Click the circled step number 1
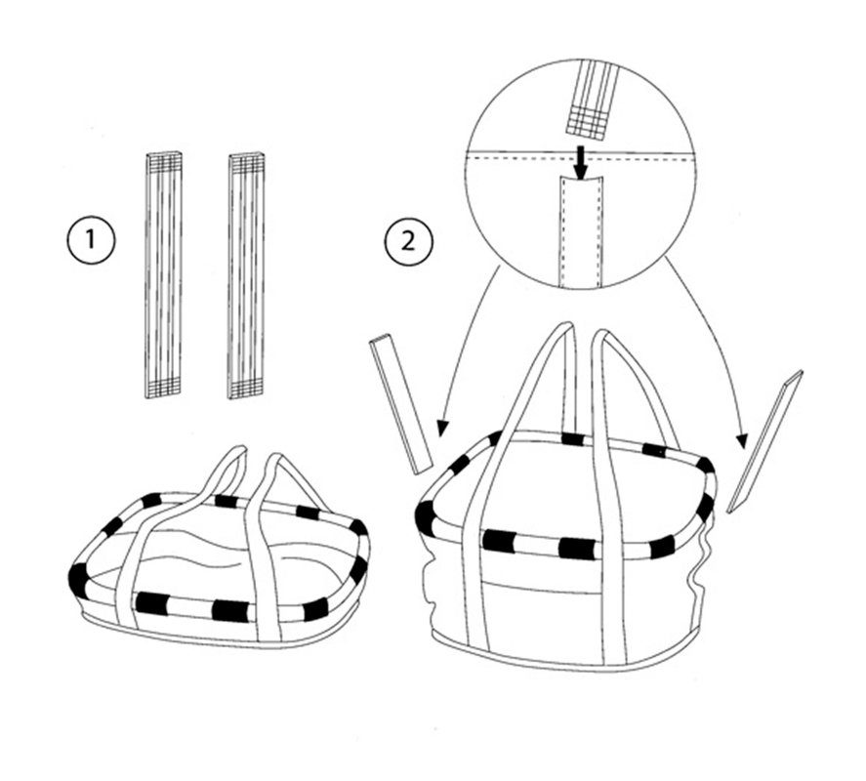(92, 240)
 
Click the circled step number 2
(404, 240)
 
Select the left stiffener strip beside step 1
(164, 274)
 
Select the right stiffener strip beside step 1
(247, 274)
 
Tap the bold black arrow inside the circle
(581, 162)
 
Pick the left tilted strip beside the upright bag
(400, 402)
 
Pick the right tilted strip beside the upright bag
(764, 441)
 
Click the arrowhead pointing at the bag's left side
(441, 426)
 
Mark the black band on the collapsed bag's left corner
(77, 578)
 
